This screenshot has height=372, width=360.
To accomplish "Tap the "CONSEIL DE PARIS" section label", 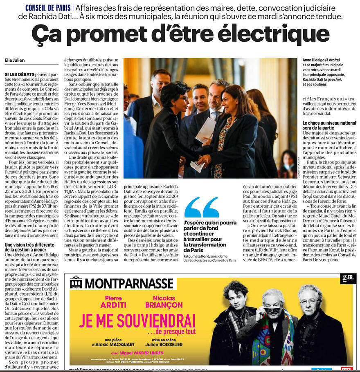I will click(x=47, y=8).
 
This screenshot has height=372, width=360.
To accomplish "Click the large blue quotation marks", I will click(x=202, y=208).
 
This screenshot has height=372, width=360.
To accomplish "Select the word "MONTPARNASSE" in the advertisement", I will click(x=129, y=283).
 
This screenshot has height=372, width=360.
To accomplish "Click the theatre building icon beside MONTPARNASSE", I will click(x=76, y=282).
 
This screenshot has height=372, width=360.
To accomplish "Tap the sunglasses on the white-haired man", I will click(x=273, y=309).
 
